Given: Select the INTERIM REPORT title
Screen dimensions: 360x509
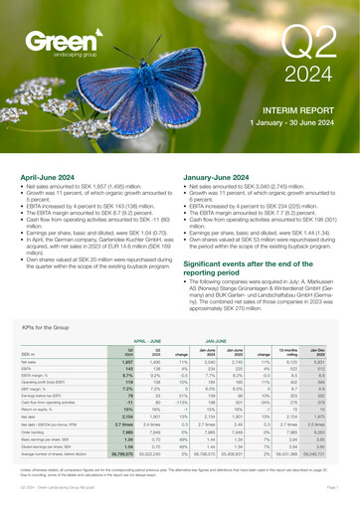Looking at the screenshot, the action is [298, 132].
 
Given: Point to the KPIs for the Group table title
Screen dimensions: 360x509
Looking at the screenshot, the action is [50, 353].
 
